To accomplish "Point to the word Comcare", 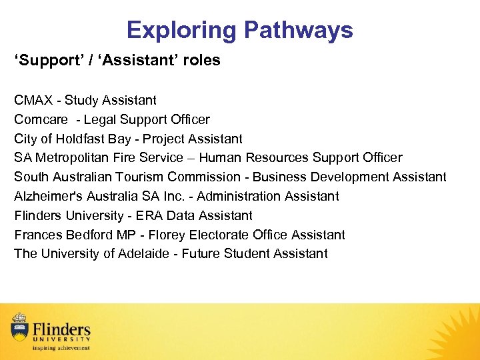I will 41,120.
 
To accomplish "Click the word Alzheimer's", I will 47,196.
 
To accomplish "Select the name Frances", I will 38,235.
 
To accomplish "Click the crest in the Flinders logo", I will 20,327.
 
